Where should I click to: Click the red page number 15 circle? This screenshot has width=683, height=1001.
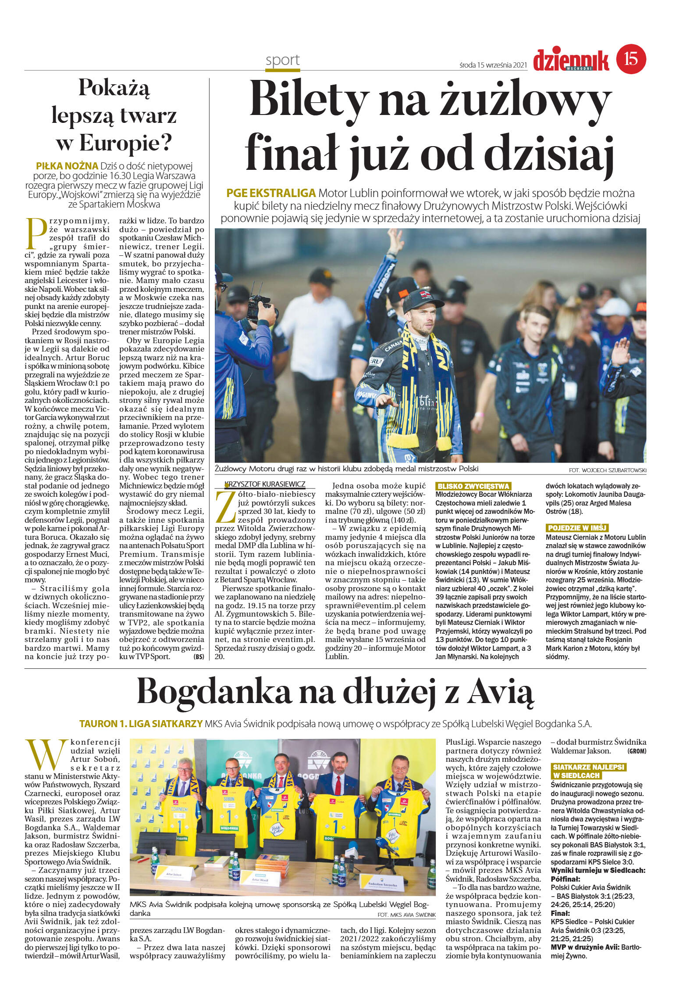[631, 59]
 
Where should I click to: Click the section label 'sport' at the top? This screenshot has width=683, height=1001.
[283, 60]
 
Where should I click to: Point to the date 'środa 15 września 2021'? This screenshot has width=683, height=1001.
[493, 65]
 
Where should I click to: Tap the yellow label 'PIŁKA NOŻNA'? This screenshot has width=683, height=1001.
[67, 166]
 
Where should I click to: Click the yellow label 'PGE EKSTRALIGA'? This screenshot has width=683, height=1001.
[271, 193]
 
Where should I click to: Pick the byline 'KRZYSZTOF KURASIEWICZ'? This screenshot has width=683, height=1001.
[264, 484]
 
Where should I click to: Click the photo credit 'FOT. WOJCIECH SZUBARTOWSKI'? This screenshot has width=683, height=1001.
[607, 470]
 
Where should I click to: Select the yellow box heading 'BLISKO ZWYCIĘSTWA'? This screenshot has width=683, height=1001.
[473, 486]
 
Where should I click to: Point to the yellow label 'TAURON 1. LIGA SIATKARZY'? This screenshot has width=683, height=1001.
[141, 724]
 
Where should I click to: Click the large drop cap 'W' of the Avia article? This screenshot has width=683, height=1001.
[46, 757]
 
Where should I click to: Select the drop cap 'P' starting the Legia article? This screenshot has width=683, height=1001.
[36, 233]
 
